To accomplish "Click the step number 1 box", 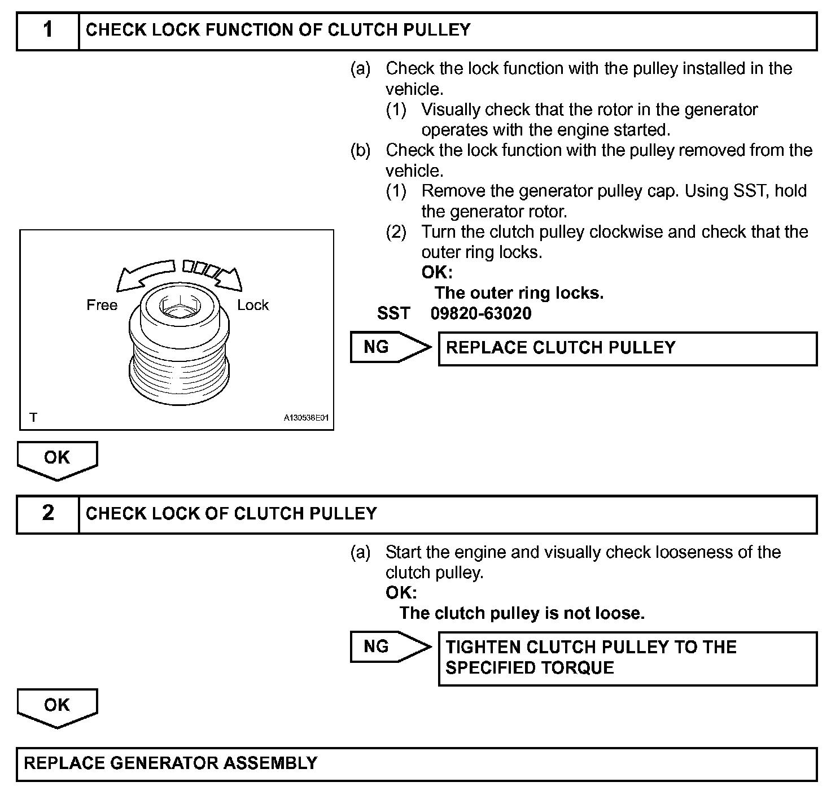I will (48, 31).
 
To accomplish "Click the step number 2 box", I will (48, 514).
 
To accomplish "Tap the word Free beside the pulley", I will (102, 305).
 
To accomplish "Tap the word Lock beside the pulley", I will (253, 305).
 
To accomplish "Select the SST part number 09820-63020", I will (481, 314).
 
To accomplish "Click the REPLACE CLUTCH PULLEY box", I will (627, 348).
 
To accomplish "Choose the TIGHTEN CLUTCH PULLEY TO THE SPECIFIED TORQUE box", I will (627, 658).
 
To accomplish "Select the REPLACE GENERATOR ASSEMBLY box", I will (416, 764).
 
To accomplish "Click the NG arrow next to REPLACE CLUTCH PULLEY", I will (390, 347).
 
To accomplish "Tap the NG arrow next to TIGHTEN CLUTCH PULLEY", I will (390, 647).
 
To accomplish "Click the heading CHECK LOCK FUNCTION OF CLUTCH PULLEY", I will (278, 30).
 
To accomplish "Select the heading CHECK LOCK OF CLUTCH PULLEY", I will (231, 514).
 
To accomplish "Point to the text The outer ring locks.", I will (519, 293).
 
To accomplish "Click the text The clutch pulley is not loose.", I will (522, 613).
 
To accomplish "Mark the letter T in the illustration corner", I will (34, 418).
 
